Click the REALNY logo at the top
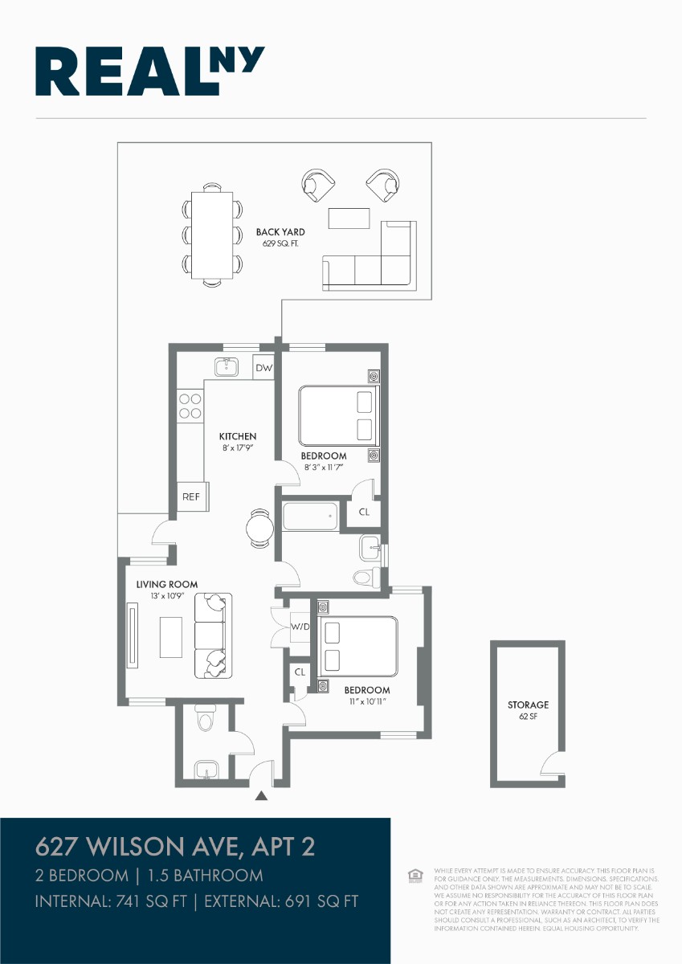coord(150,71)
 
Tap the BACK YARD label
coord(280,232)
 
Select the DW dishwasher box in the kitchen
coord(264,369)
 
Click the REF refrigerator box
coord(191,496)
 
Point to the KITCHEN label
coord(238,436)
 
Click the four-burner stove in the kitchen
coord(190,405)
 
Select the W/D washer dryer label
coord(300,627)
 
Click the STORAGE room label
coord(528,705)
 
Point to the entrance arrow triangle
coord(261,796)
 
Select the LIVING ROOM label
coord(166,584)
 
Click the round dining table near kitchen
coord(261,528)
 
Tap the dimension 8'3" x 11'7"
coord(324,467)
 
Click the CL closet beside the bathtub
coord(364,512)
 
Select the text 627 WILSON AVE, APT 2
coord(175,846)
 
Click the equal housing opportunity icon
coord(415,874)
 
